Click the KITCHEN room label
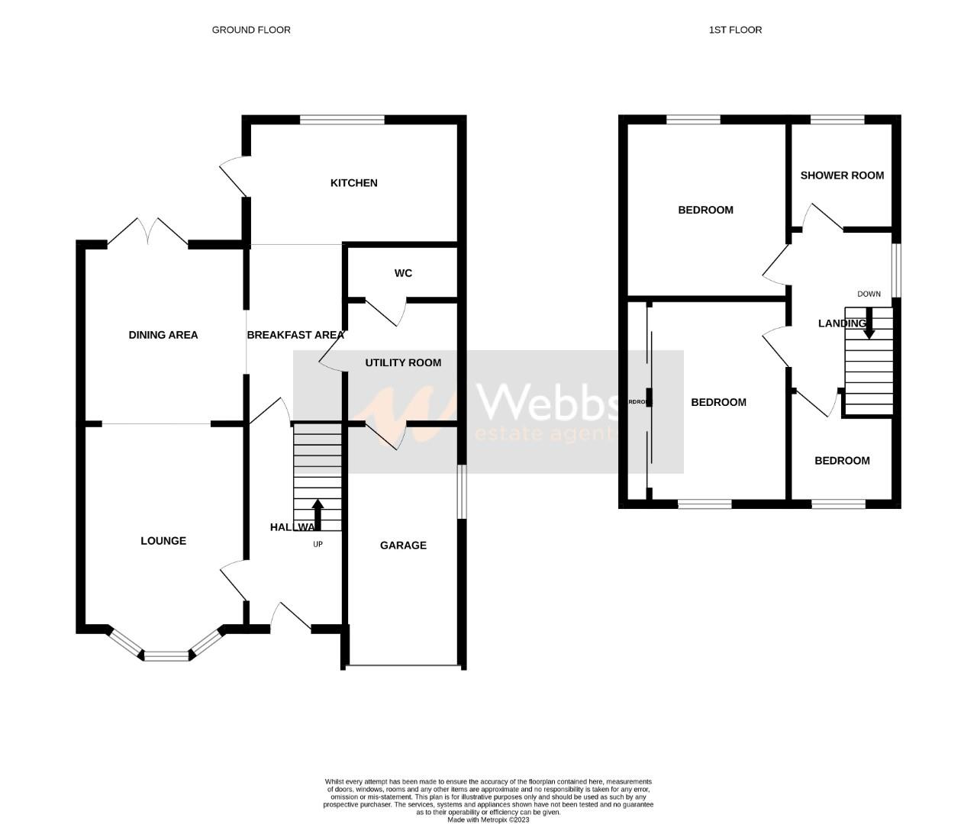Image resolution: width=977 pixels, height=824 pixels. [x=353, y=183]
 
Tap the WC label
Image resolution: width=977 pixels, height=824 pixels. [x=403, y=273]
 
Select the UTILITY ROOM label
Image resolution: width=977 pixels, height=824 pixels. [x=403, y=362]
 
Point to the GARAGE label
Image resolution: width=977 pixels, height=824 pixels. [x=403, y=545]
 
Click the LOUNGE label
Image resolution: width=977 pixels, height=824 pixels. [x=163, y=541]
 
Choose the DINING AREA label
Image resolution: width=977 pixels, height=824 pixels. [x=163, y=335]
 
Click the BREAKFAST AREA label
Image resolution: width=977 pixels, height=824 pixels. [x=295, y=335]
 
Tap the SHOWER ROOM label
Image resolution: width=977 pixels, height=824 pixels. [x=842, y=175]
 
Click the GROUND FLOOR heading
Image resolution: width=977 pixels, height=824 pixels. [x=251, y=30]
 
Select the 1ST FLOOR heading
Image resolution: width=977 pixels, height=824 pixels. [x=735, y=30]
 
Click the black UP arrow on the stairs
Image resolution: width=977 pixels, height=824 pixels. [x=317, y=515]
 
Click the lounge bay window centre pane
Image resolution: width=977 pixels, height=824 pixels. [x=166, y=655]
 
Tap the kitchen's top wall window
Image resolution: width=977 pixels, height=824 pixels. [x=342, y=119]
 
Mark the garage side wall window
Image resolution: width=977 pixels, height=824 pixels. [x=461, y=492]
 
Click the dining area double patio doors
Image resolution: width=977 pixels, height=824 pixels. [x=148, y=232]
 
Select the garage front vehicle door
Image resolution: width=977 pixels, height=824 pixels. [x=404, y=668]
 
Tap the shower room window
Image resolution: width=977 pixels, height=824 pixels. [x=837, y=119]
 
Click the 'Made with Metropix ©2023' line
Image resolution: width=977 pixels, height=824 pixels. [x=488, y=820]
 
